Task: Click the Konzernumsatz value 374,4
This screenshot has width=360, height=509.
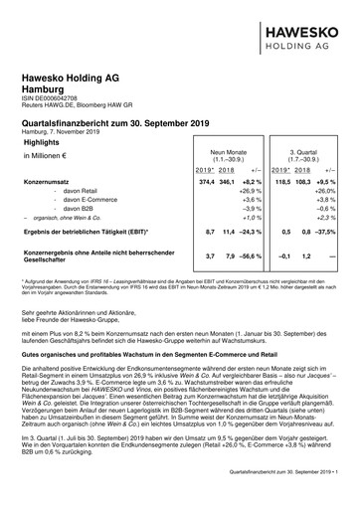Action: [207, 183]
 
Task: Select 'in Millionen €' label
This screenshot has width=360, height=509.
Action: [44, 156]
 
